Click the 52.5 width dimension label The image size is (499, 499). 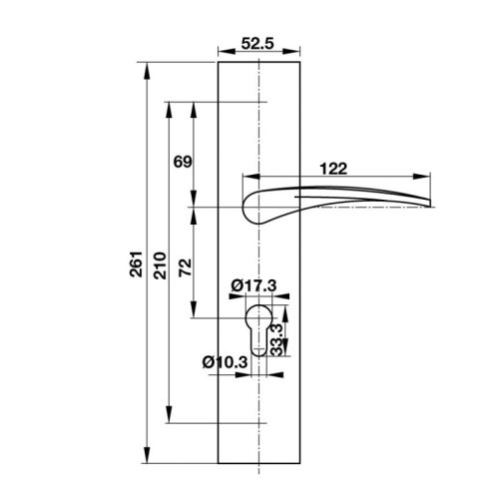coord(257,44)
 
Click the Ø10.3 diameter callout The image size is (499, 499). coord(226,361)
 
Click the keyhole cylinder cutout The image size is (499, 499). coord(258,329)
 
